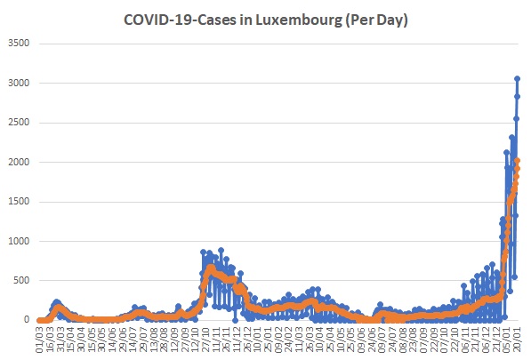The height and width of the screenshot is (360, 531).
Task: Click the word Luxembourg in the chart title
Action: coord(299,20)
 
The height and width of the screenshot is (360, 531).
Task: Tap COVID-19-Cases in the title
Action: coord(180,20)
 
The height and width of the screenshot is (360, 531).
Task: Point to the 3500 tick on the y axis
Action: coord(19,43)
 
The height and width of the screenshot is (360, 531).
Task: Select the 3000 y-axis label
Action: coord(19,83)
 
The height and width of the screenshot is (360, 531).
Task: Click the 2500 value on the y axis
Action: coord(19,122)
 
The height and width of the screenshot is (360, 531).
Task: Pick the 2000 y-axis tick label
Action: coord(19,162)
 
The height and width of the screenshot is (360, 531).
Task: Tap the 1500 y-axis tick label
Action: coord(19,201)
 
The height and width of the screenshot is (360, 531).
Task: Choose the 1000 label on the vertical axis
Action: coord(19,241)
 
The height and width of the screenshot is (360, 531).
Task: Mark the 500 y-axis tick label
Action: coord(21,280)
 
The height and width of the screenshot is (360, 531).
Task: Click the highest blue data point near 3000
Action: coord(517,78)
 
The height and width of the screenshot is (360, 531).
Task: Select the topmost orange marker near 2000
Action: coord(517,161)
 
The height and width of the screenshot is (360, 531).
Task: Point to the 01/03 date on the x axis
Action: coord(40,340)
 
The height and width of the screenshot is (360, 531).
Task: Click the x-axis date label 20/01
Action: coord(516,340)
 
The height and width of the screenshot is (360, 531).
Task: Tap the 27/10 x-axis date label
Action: coord(205,340)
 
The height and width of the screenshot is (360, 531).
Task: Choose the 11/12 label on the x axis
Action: coord(236,340)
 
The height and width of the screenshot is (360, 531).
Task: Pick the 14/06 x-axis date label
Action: coord(112,340)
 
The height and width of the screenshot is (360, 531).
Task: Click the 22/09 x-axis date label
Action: coord(433,340)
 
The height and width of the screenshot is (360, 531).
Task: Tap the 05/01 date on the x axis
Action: coord(506,340)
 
